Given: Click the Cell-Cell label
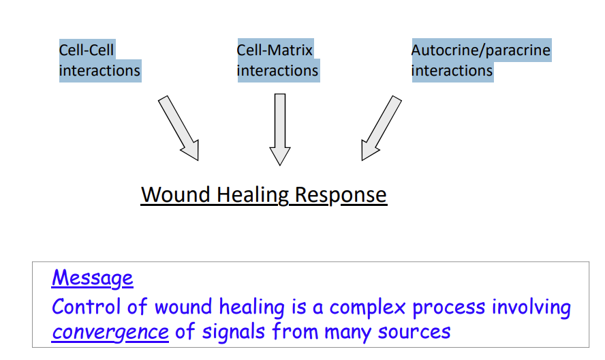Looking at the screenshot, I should [x=87, y=50].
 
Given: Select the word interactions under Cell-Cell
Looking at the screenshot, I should [x=99, y=71].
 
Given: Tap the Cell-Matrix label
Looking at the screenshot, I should [x=275, y=50].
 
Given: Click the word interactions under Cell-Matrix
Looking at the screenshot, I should [x=277, y=71].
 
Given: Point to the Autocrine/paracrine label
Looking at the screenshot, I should [x=480, y=50].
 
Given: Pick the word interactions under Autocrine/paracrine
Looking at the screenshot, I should [x=452, y=71].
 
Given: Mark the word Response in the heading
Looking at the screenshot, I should [x=341, y=195].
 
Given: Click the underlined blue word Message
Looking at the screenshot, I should [x=92, y=278].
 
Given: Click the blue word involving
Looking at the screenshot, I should [x=533, y=307].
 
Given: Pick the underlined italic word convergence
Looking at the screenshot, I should [x=110, y=332].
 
